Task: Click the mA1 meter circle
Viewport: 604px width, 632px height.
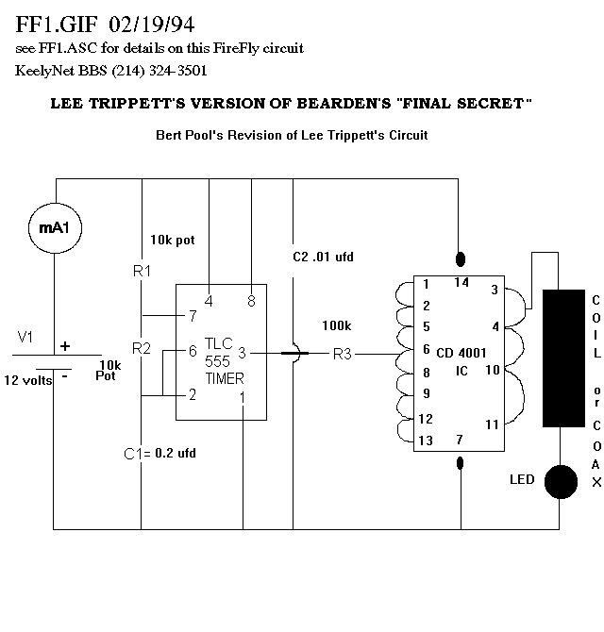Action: point(56,228)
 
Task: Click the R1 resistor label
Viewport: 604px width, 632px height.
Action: point(142,272)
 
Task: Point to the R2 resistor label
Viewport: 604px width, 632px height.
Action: point(142,348)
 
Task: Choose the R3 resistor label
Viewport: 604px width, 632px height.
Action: point(342,355)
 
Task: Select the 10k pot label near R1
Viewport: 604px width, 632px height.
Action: point(172,241)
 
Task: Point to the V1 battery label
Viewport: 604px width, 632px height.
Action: point(25,336)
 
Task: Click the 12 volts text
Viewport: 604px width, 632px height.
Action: point(30,380)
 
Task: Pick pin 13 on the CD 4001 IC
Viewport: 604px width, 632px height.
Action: point(427,440)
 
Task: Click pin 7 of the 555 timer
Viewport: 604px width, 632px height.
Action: point(192,315)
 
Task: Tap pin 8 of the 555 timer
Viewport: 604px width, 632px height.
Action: point(252,302)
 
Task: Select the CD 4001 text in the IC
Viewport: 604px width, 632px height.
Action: point(462,353)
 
